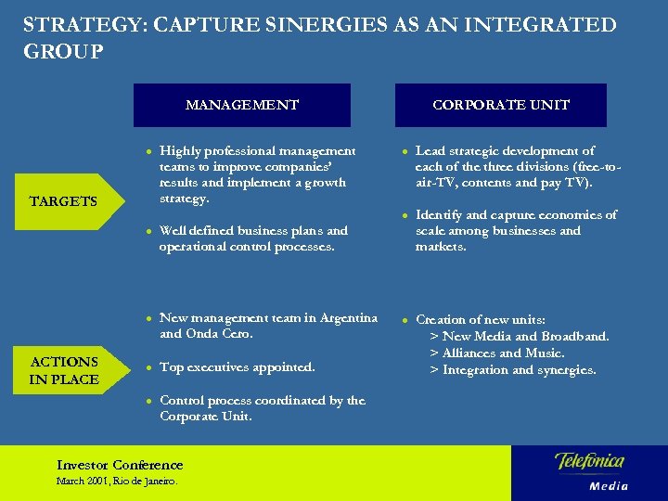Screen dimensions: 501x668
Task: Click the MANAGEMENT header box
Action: (242, 105)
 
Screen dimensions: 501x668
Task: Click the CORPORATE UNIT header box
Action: (501, 105)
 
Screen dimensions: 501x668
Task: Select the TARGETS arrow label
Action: (64, 200)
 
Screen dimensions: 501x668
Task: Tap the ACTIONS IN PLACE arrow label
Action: (64, 370)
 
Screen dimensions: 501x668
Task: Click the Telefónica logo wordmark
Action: (589, 461)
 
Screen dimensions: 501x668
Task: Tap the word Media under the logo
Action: (609, 485)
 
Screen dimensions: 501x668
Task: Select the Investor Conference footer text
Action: (120, 465)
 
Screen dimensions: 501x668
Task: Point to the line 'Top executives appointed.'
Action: (238, 367)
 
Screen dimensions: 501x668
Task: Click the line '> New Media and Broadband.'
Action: (519, 336)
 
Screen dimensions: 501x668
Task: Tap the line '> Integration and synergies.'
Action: (512, 370)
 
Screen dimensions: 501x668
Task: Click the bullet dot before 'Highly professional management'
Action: (148, 151)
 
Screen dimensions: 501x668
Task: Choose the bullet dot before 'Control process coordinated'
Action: (148, 401)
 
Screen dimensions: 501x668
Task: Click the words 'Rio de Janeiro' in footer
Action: (149, 482)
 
